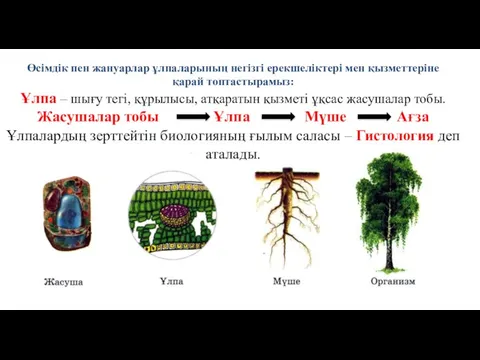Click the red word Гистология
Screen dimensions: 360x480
(x=395, y=137)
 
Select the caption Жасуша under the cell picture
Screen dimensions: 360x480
(x=63, y=283)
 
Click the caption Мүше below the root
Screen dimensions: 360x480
(x=287, y=282)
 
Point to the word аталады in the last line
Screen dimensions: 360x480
(x=232, y=155)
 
